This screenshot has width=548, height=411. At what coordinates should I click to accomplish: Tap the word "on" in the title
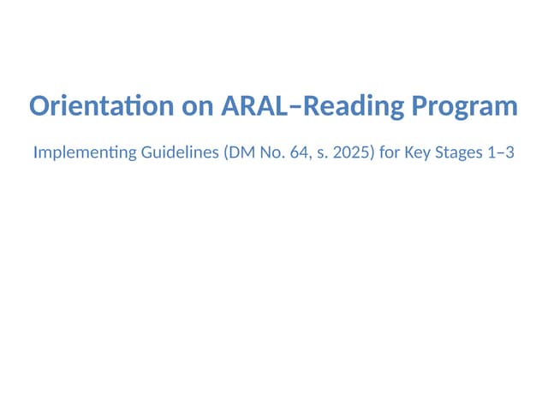click(198, 107)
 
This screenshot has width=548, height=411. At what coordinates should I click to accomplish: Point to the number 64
click(288, 155)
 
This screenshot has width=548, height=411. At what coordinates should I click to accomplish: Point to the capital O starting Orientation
click(40, 107)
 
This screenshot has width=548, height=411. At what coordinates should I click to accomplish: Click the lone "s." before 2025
click(308, 155)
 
